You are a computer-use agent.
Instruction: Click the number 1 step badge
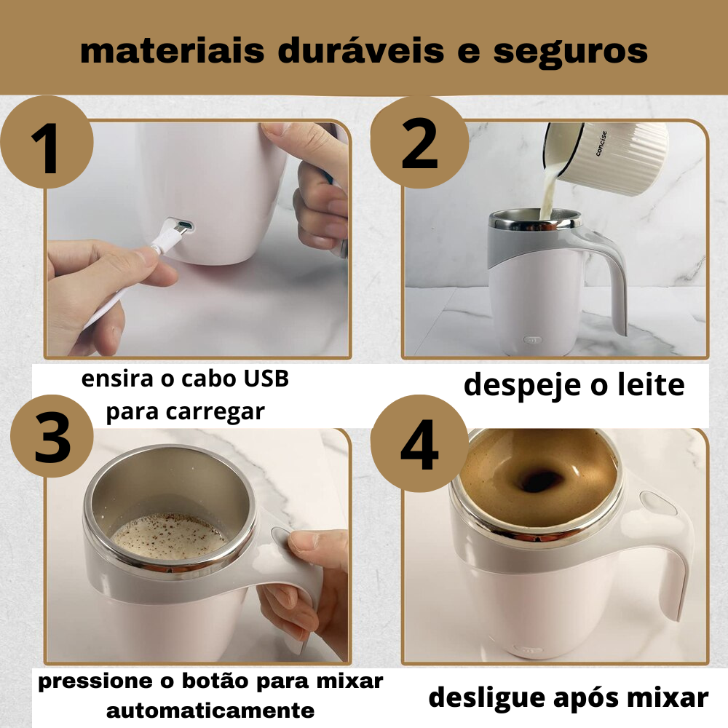click(46, 142)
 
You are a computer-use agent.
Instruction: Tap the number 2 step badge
click(419, 142)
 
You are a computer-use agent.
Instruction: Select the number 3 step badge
click(52, 436)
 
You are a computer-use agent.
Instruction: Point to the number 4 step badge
click(419, 444)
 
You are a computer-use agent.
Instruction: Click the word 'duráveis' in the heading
click(361, 50)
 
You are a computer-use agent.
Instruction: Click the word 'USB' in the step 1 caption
click(266, 379)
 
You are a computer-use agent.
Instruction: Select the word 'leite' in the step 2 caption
click(651, 384)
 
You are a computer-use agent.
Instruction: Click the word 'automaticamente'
click(210, 711)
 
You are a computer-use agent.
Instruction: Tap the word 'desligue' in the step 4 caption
click(486, 698)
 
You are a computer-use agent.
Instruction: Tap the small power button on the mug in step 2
click(533, 340)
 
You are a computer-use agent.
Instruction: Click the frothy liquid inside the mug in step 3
click(169, 537)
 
